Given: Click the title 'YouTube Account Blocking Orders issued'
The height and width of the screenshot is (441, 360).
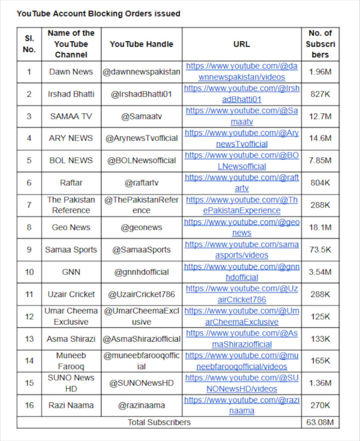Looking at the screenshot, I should (98, 13).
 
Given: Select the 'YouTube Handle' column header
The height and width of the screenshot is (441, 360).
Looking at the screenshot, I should (141, 44).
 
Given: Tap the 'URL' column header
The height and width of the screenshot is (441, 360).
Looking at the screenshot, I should (241, 44).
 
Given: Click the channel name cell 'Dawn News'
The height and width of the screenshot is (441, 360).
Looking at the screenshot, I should (71, 72).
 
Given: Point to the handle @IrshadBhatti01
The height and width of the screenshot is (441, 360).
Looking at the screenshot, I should (141, 94).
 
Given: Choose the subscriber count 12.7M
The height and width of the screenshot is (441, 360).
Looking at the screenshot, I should (320, 116).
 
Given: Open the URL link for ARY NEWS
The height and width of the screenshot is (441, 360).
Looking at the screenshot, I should (241, 138).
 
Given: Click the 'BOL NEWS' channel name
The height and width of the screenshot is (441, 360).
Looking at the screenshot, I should (71, 161).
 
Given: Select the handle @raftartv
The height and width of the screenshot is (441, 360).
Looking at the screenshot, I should (141, 183).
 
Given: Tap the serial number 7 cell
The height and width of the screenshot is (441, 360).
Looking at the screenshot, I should (29, 205).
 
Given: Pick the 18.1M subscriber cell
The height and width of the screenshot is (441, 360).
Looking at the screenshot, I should (320, 227).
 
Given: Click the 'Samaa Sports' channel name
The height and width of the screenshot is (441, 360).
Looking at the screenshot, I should (71, 250).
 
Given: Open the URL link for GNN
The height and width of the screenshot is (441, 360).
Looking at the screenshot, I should (241, 272).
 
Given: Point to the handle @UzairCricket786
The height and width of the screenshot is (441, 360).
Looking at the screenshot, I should (141, 295).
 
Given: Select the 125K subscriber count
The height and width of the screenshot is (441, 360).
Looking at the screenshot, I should (320, 317).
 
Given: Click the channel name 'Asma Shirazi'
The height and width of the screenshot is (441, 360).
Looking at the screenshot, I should (71, 339).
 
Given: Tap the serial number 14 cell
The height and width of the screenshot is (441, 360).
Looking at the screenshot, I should (29, 361).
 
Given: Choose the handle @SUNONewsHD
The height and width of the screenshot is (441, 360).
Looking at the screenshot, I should (141, 383).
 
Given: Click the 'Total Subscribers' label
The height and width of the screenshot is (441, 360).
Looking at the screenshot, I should (159, 422).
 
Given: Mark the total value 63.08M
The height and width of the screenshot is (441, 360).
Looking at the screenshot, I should (320, 422).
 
